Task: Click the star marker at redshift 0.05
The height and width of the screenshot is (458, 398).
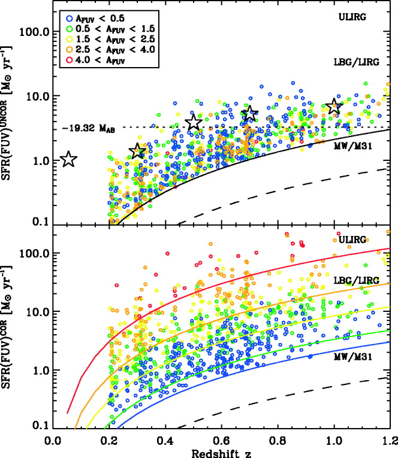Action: click(68, 159)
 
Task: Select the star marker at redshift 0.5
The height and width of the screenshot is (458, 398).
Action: click(194, 123)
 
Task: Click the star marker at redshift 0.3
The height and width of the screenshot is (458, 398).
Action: click(137, 151)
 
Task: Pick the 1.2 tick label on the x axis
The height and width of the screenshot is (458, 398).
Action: click(390, 439)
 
